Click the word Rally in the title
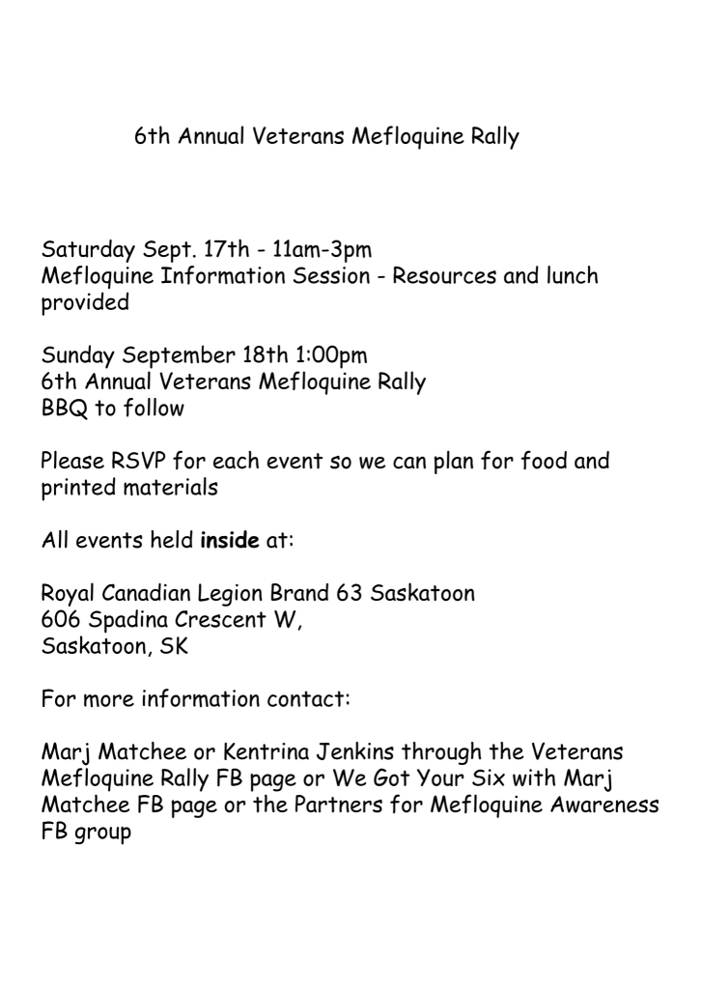[491, 137]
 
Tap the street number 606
[60, 619]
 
